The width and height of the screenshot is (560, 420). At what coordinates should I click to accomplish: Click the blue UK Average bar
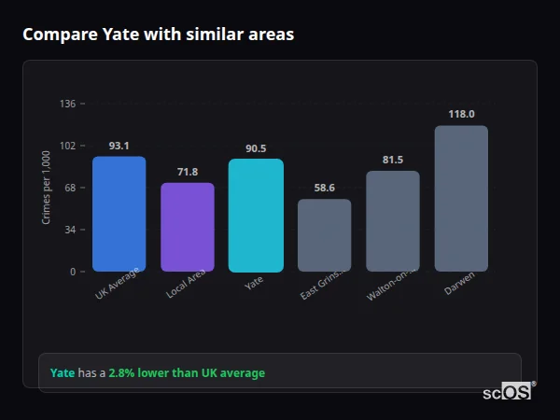pos(119,214)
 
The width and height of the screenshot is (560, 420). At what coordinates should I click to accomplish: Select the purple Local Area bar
pos(188,227)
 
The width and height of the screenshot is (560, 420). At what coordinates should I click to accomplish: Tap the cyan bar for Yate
pos(256,215)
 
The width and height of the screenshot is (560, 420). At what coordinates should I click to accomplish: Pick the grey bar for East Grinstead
pos(325,235)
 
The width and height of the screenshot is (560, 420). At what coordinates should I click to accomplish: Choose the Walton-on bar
pos(393,221)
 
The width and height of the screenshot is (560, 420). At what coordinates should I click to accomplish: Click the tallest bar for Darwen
pos(461,199)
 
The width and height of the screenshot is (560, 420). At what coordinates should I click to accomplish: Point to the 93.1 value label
pos(119,146)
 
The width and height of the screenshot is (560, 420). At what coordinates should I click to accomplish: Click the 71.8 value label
pos(188,172)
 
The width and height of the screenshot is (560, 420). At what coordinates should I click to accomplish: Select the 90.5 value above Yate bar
pos(256,148)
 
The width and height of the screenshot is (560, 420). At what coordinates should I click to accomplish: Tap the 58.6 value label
pos(325,188)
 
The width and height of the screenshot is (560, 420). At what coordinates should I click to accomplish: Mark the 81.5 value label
pos(393,160)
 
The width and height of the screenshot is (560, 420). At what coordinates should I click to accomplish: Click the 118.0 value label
pos(461,114)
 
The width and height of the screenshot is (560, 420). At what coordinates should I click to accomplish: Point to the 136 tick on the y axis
pos(67,104)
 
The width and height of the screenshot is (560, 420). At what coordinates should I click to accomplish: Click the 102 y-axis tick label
pos(67,146)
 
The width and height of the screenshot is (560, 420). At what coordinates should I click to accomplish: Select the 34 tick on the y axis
pos(70,230)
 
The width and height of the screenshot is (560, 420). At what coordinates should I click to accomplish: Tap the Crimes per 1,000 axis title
pos(46,189)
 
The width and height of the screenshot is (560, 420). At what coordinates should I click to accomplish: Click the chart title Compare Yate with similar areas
pos(158,35)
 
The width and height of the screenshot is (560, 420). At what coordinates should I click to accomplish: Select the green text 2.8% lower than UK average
pos(187,373)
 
